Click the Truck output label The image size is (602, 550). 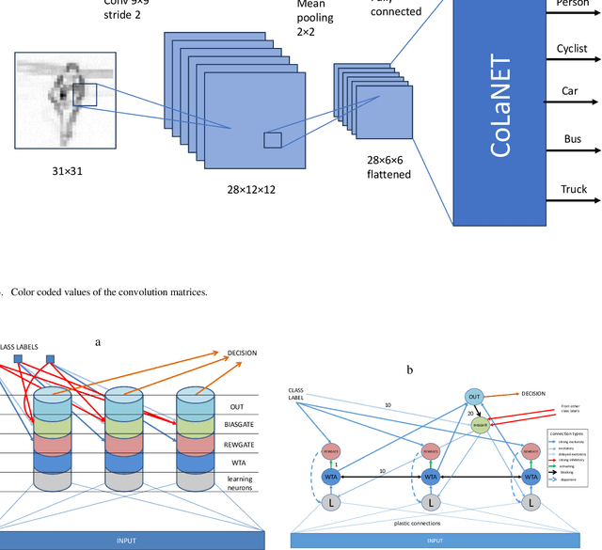point(574,189)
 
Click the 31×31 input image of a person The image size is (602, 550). point(65,100)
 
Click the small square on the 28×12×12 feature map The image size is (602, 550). point(272,140)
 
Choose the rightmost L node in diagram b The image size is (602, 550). point(532,504)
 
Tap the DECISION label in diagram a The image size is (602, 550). point(242,354)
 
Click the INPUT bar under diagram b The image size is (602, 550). point(433,541)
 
